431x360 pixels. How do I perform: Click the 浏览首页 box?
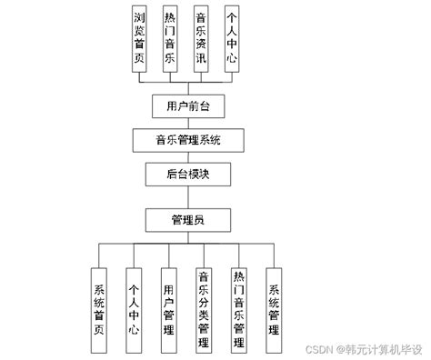[x=139, y=38]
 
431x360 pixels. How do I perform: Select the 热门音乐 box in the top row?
[x=170, y=38]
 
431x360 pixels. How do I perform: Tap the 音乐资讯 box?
[x=201, y=38]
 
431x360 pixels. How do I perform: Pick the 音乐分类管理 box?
[x=204, y=309]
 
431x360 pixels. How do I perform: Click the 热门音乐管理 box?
[x=238, y=309]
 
